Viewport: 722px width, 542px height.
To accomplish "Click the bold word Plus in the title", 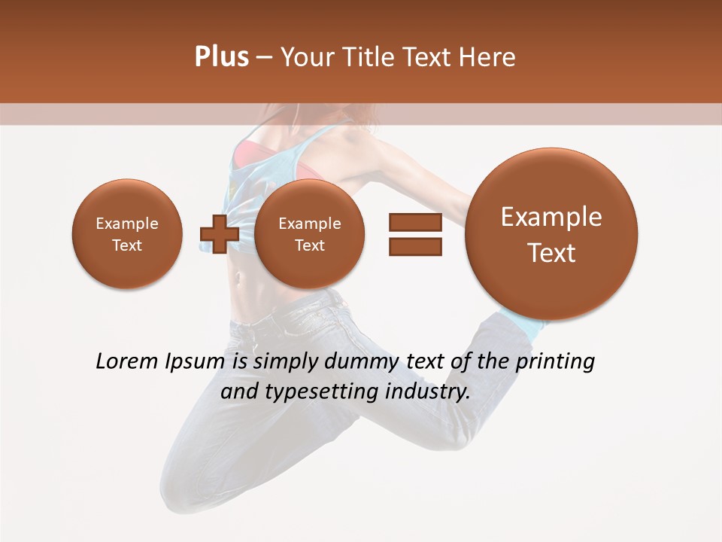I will [x=221, y=56].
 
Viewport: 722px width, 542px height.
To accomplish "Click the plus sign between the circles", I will [x=219, y=234].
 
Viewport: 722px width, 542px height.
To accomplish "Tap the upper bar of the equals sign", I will [x=415, y=222].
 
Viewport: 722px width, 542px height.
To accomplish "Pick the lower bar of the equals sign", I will [x=415, y=246].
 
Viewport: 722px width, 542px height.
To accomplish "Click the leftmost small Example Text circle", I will [x=127, y=234].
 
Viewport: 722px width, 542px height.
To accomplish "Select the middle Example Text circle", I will [x=309, y=234].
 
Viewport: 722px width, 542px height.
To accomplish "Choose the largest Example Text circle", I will [x=551, y=234].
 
